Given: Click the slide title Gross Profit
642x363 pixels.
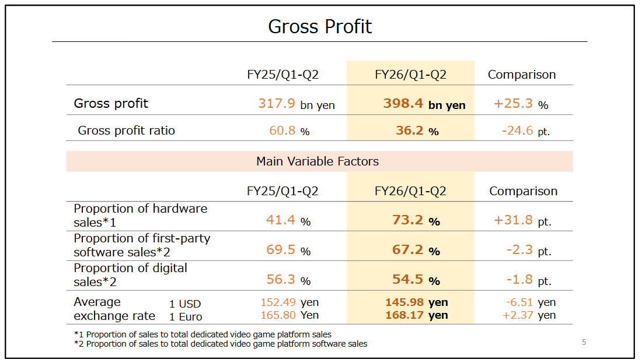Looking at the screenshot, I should [x=320, y=27].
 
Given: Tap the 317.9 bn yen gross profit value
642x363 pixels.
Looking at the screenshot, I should [x=296, y=104].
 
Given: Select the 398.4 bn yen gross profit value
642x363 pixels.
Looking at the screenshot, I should [x=424, y=104].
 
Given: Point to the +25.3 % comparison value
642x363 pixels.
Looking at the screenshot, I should [x=521, y=104].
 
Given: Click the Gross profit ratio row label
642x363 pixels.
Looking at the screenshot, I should [x=127, y=131].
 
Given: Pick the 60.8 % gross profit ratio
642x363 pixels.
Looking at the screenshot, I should [x=289, y=131].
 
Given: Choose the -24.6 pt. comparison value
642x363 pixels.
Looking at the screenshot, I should [x=525, y=131].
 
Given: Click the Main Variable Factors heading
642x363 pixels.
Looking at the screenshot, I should [x=317, y=161].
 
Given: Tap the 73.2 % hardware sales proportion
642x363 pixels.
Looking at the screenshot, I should [x=416, y=221].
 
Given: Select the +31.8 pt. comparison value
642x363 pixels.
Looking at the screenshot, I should [x=522, y=221].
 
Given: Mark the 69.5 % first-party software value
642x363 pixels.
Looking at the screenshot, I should [x=288, y=251].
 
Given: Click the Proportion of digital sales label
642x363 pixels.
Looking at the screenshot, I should [x=130, y=275].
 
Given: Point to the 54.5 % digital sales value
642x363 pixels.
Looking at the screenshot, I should [x=416, y=280].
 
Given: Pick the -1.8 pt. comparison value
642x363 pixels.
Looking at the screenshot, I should [x=529, y=280].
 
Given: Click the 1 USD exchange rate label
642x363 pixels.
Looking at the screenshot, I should [x=185, y=304].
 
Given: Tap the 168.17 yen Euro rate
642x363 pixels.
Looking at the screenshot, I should [x=417, y=315].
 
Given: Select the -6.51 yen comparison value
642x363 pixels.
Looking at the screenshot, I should [x=531, y=302].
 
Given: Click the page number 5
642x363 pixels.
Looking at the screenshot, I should [x=584, y=342].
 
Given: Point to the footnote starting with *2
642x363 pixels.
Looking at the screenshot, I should [x=221, y=344].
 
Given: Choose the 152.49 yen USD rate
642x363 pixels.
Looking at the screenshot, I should [x=289, y=302].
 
